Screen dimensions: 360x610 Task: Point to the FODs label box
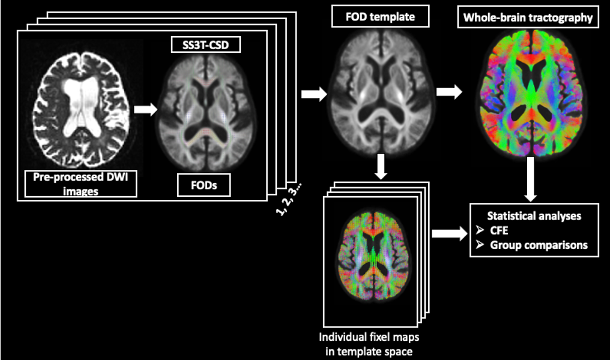pyautogui.click(x=205, y=185)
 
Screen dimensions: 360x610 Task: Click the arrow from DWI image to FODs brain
pyautogui.click(x=144, y=110)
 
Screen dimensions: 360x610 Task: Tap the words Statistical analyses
pyautogui.click(x=534, y=216)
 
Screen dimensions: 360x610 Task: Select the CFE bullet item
pyautogui.click(x=503, y=230)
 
